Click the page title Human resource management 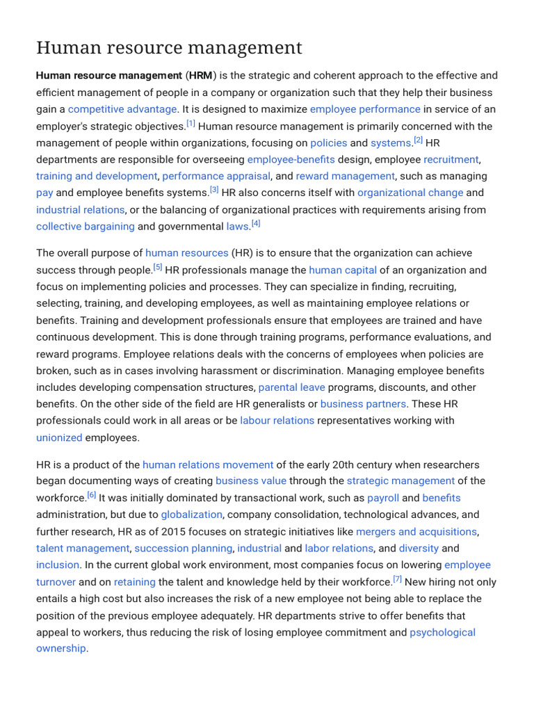tap(169, 48)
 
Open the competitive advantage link tap(122, 109)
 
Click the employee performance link tap(365, 109)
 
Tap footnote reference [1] tap(191, 124)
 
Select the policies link tap(328, 143)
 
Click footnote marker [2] tap(418, 140)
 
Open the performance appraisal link tap(216, 176)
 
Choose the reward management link tap(345, 176)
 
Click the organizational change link tap(410, 193)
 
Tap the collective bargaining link tap(86, 226)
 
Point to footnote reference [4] tap(256, 224)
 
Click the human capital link tap(343, 270)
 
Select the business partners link tap(363, 403)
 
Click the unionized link tap(59, 437)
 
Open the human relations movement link tap(208, 464)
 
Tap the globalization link tap(191, 515)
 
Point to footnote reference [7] tap(397, 579)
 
